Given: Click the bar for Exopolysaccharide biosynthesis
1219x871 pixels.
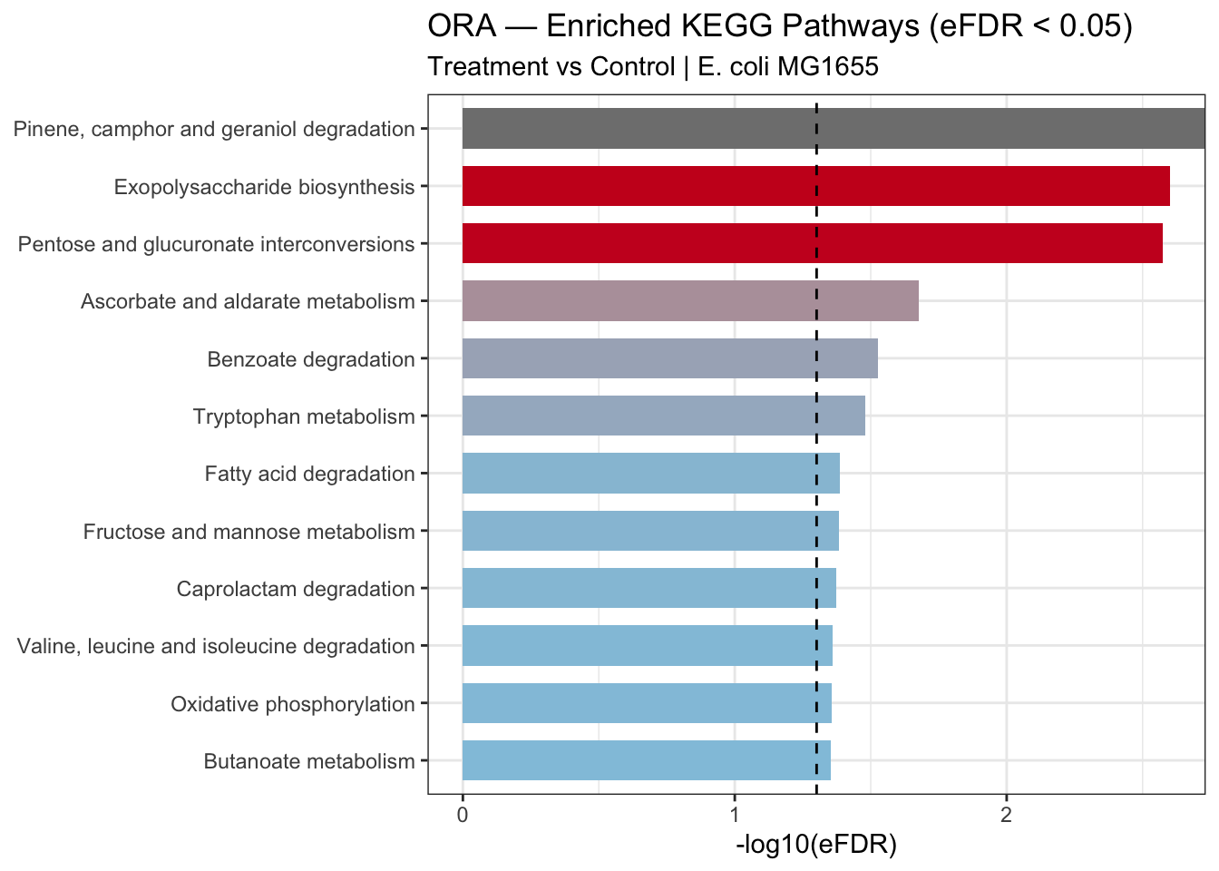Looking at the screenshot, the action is click(x=815, y=186).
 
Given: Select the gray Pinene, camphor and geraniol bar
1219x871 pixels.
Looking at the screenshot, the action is click(x=834, y=129).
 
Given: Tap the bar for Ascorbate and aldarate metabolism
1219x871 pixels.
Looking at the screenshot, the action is click(x=690, y=301).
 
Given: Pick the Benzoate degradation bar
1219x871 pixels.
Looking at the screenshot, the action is click(x=670, y=358).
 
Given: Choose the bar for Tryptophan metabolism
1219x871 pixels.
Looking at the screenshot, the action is click(x=664, y=416).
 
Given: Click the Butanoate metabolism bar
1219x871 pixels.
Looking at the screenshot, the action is click(x=647, y=760).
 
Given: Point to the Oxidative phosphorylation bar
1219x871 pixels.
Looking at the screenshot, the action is click(x=647, y=703).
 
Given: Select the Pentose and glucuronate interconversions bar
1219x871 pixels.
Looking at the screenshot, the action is click(x=813, y=243).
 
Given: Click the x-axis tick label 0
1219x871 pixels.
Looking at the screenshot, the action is click(x=463, y=815).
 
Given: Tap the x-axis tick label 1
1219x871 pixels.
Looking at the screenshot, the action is click(x=735, y=815).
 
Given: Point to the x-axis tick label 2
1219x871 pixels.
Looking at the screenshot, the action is click(x=1006, y=815).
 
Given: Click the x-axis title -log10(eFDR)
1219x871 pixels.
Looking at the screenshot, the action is click(x=816, y=845).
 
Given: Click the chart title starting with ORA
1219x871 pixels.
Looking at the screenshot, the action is click(x=780, y=25).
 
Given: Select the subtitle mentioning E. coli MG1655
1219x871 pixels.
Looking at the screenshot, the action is click(x=653, y=67).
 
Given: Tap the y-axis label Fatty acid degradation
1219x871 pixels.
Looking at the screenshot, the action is click(x=309, y=474).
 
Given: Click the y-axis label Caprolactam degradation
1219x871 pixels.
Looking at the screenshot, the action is click(x=296, y=589).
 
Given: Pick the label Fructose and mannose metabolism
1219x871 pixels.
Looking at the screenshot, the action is click(x=249, y=532).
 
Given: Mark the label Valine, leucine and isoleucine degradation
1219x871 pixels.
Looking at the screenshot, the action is click(x=216, y=646).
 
